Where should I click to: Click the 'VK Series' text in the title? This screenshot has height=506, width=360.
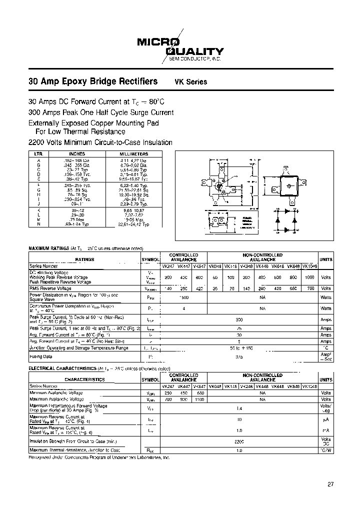190,82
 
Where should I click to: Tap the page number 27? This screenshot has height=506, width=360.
330,483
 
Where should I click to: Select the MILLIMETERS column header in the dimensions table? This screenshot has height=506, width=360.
133,154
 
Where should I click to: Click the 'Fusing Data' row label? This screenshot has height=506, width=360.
42,357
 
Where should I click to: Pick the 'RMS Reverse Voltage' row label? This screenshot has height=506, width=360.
50,288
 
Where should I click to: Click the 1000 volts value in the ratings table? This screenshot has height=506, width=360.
309,277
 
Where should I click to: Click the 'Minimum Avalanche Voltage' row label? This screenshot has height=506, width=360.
55,393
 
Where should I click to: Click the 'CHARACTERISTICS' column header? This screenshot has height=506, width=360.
84,379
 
